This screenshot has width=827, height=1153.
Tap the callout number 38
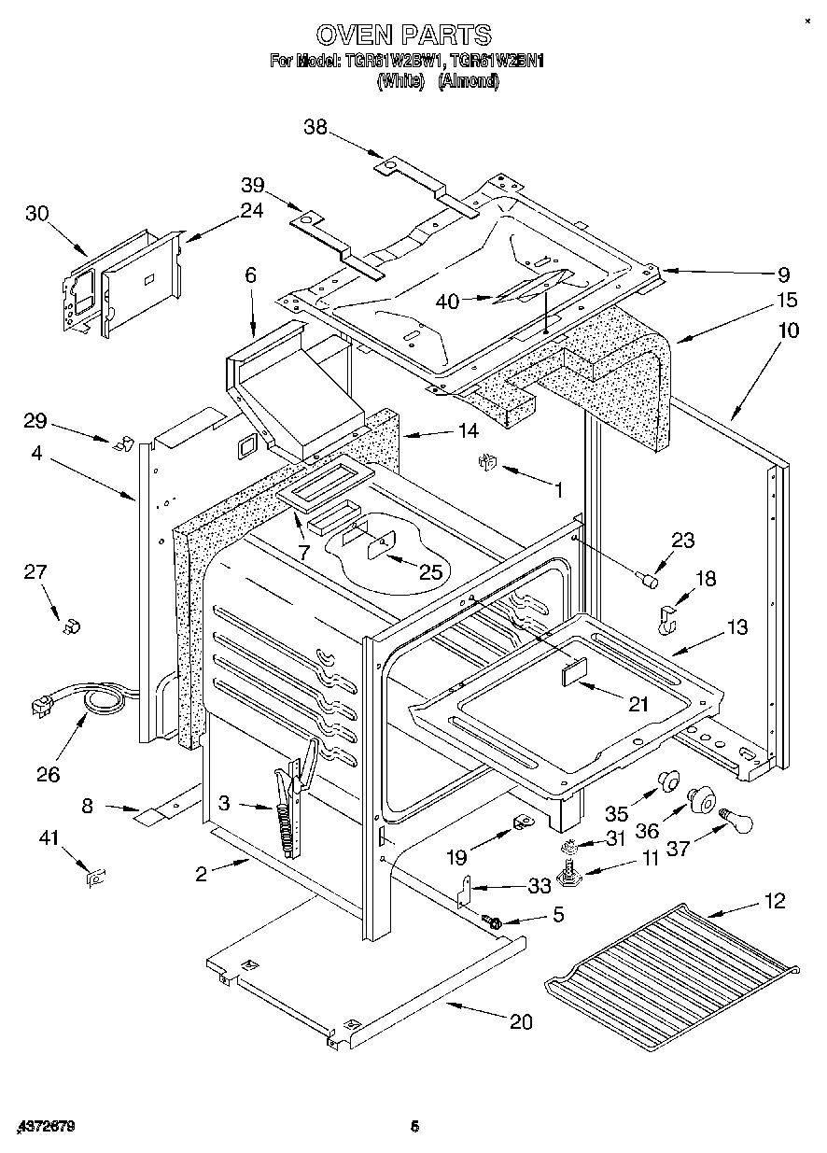click(316, 128)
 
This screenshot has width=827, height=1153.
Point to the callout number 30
click(36, 213)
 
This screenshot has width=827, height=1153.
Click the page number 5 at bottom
click(413, 1128)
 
